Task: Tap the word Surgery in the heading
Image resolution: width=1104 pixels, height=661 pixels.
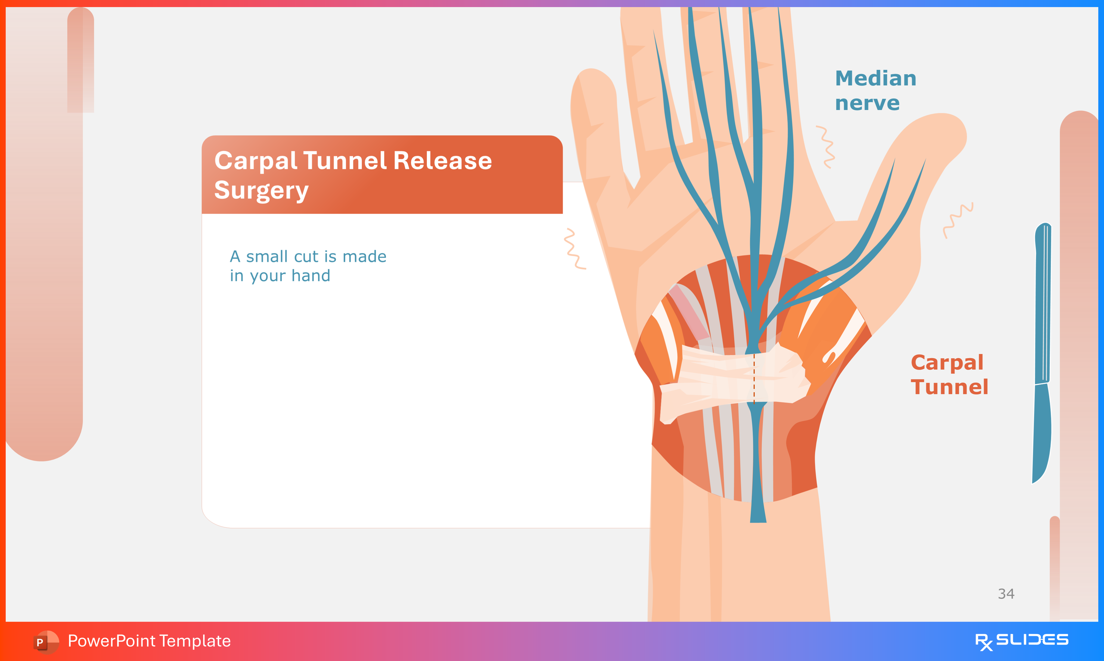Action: point(261,191)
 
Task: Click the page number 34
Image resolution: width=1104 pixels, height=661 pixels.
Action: point(1006,594)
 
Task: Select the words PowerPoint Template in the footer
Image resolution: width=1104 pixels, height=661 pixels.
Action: point(149,641)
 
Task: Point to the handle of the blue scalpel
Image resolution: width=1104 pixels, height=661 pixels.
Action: point(1043,303)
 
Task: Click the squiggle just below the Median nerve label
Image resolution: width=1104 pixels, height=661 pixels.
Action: point(826,147)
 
